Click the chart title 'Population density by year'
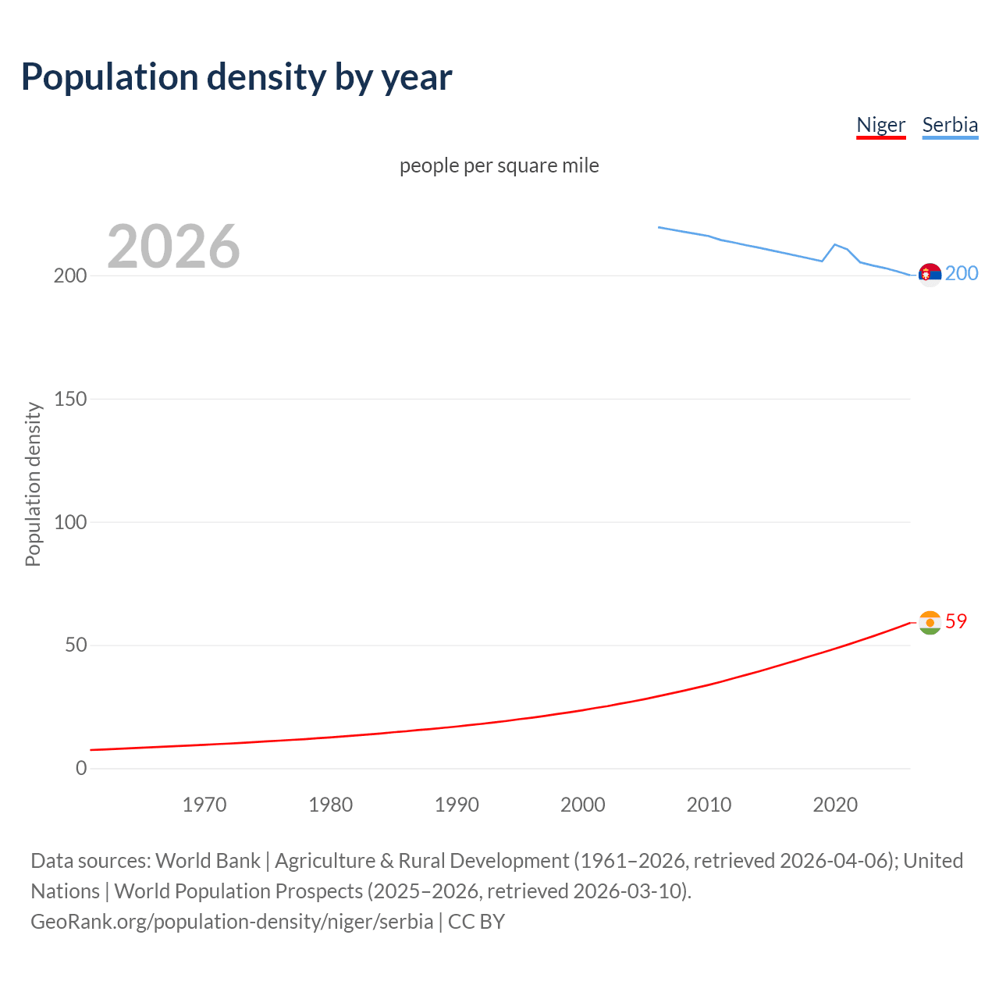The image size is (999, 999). coord(236,76)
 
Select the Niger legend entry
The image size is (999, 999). coord(880,125)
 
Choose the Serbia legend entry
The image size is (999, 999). coord(950,125)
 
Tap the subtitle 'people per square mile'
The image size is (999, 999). coord(499,165)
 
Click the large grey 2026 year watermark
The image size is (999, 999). coord(173,247)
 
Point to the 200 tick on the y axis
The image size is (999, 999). coord(70,276)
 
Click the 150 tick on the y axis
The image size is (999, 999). coord(70,399)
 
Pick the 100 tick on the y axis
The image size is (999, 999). coord(70,522)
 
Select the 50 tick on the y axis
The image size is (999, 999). coord(76,645)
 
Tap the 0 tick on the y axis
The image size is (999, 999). coord(81,768)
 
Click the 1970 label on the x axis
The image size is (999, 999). coord(204,805)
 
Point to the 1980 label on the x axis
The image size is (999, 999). coord(330,805)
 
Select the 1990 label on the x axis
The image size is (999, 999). coord(457,805)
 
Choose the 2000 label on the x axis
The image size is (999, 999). coord(583,805)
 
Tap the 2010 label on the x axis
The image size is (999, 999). coord(709,805)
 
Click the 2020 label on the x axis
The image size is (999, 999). coord(835,805)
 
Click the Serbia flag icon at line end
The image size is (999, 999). coord(930,275)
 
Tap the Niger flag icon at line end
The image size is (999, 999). coord(930,623)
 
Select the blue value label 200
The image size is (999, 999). coord(962,273)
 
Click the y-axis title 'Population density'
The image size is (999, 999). coord(33,484)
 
